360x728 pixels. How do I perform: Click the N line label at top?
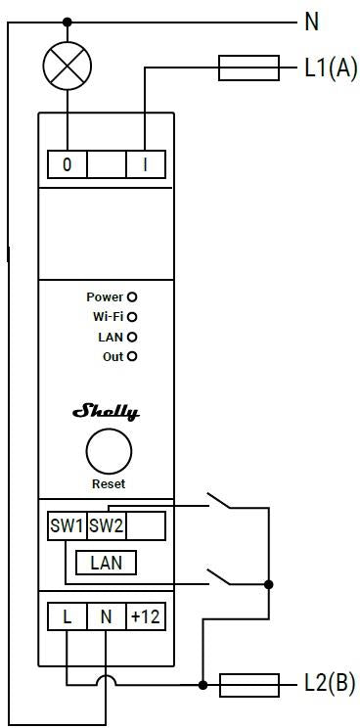pyautogui.click(x=312, y=21)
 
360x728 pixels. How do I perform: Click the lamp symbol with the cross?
pyautogui.click(x=67, y=68)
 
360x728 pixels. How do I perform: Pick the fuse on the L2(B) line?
pyautogui.click(x=249, y=684)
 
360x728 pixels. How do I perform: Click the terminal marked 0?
pyautogui.click(x=67, y=163)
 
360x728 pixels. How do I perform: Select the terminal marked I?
pyautogui.click(x=146, y=163)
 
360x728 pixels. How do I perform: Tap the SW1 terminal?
pyautogui.click(x=67, y=525)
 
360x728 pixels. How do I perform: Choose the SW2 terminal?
pyautogui.click(x=107, y=525)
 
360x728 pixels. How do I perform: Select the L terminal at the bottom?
pyautogui.click(x=67, y=617)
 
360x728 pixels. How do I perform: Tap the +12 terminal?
pyautogui.click(x=145, y=617)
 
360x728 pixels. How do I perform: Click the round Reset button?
pyautogui.click(x=108, y=452)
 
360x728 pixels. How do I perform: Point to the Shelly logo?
pyautogui.click(x=106, y=412)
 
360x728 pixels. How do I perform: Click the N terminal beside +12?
pyautogui.click(x=107, y=617)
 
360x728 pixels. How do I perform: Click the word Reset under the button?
pyautogui.click(x=108, y=483)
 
